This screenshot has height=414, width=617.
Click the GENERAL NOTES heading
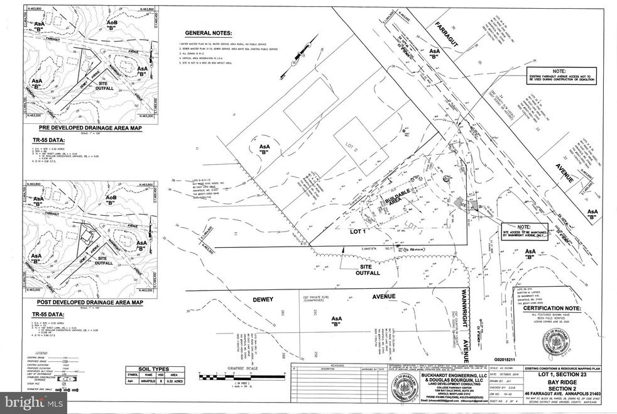click(208, 32)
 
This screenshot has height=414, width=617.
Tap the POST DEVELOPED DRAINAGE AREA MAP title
click(85, 302)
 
